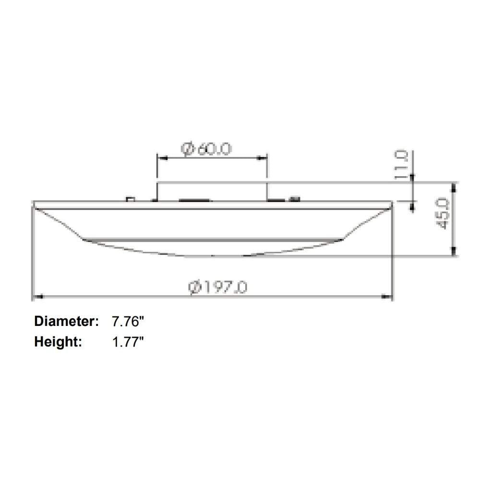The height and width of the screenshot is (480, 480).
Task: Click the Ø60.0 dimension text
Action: point(206,149)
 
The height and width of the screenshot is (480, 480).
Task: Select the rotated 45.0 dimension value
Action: point(443,214)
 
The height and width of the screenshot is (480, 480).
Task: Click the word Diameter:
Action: point(66,321)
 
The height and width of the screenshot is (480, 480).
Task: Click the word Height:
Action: point(58,342)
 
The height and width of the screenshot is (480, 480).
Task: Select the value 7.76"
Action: point(128,321)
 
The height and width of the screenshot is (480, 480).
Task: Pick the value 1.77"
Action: point(128,342)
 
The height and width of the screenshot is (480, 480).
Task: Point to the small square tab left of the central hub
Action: point(130,198)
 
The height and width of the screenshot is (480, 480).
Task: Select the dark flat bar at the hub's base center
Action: point(194,200)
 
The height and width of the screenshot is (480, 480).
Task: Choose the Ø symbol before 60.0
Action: point(187,149)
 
